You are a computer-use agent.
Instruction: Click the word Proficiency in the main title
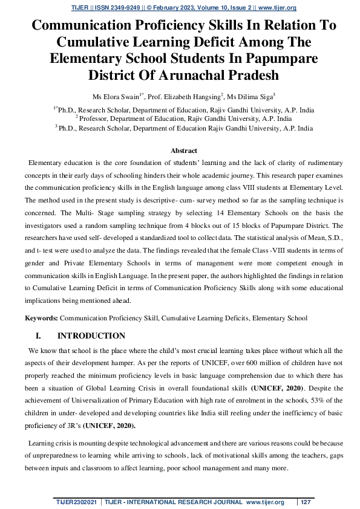[x=168, y=26]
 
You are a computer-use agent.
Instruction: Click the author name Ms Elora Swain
[x=117, y=96]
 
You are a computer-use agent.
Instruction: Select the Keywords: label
[x=41, y=318]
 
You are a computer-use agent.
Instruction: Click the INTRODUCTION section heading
[x=91, y=336]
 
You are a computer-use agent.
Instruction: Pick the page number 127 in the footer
[x=306, y=502]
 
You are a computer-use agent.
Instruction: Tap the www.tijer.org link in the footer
[x=265, y=502]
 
